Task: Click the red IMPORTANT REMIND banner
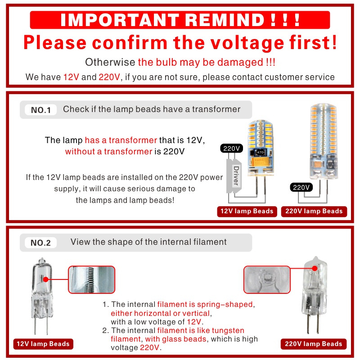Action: [180, 20]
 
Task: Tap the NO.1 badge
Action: [41, 110]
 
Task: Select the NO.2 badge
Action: [41, 243]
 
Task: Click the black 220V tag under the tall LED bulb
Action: [301, 187]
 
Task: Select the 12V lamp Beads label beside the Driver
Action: [247, 211]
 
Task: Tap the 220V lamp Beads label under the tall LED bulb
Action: [314, 211]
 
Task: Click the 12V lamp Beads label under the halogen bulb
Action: [43, 344]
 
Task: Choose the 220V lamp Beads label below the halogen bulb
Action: [314, 344]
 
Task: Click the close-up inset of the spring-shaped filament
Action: [91, 279]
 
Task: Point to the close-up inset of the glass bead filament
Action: [266, 279]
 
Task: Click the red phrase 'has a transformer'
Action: [121, 140]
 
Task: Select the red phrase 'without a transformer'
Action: [108, 151]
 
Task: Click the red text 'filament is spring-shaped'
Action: [205, 305]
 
